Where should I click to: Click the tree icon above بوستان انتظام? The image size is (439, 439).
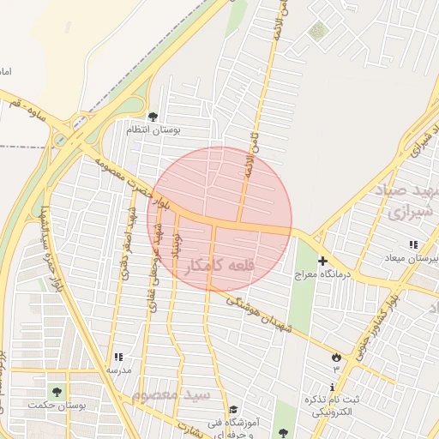(x=153, y=117)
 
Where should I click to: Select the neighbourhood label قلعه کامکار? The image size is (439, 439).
(x=219, y=267)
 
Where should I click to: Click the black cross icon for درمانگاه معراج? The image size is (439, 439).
(x=322, y=261)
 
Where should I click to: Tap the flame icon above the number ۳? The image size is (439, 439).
(x=335, y=356)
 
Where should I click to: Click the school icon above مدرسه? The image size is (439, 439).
(x=117, y=356)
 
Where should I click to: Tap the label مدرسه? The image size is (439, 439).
(x=117, y=370)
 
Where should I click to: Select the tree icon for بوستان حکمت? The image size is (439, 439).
(x=57, y=392)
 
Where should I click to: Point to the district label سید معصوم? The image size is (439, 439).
(x=171, y=395)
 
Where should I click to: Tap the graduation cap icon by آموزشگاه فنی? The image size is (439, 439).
(x=232, y=409)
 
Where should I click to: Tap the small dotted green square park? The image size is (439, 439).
(x=318, y=32)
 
